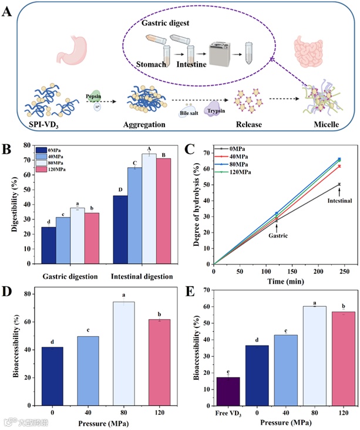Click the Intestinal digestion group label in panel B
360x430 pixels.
(140, 276)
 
